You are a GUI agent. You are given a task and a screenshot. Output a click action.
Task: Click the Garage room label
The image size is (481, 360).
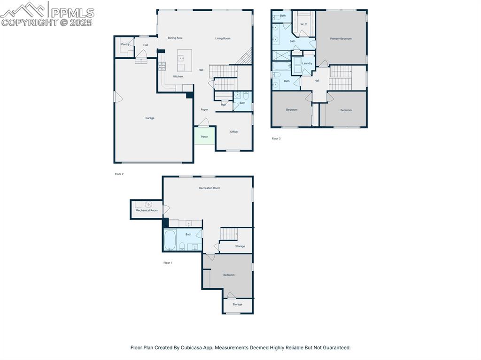(x=150, y=118)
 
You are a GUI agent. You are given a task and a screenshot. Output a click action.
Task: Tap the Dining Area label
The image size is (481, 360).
(x=175, y=38)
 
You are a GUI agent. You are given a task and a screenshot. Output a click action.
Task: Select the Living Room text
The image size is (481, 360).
(x=223, y=38)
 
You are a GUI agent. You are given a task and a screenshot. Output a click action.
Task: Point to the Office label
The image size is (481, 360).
(x=234, y=132)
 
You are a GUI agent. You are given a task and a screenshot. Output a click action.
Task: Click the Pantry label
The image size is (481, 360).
(x=125, y=45)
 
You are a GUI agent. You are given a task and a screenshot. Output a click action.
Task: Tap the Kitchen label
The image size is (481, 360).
(x=178, y=77)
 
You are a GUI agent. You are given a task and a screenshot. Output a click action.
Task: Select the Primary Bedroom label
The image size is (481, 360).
(x=341, y=38)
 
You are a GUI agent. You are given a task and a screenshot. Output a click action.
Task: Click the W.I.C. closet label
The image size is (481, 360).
(x=304, y=24)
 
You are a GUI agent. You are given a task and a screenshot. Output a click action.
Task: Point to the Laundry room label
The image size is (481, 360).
(x=307, y=63)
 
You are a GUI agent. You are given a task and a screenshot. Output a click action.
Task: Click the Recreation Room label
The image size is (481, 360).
(x=209, y=188)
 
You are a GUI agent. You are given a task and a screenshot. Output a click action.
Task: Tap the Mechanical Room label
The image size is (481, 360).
(x=147, y=210)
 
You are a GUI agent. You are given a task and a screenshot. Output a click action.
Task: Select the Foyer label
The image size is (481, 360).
(x=204, y=109)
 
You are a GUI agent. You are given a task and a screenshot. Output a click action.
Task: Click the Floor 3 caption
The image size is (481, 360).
(x=276, y=138)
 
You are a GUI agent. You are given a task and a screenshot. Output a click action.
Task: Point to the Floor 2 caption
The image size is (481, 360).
(x=119, y=174)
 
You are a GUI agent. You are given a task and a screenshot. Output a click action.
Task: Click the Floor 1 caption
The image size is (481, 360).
(x=168, y=263)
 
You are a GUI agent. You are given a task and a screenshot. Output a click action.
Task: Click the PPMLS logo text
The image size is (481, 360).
(x=72, y=13)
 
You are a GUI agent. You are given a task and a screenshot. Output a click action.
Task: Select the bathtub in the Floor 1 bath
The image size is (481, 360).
(x=170, y=240)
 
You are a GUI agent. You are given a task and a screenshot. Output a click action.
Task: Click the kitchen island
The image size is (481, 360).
(x=184, y=60)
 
